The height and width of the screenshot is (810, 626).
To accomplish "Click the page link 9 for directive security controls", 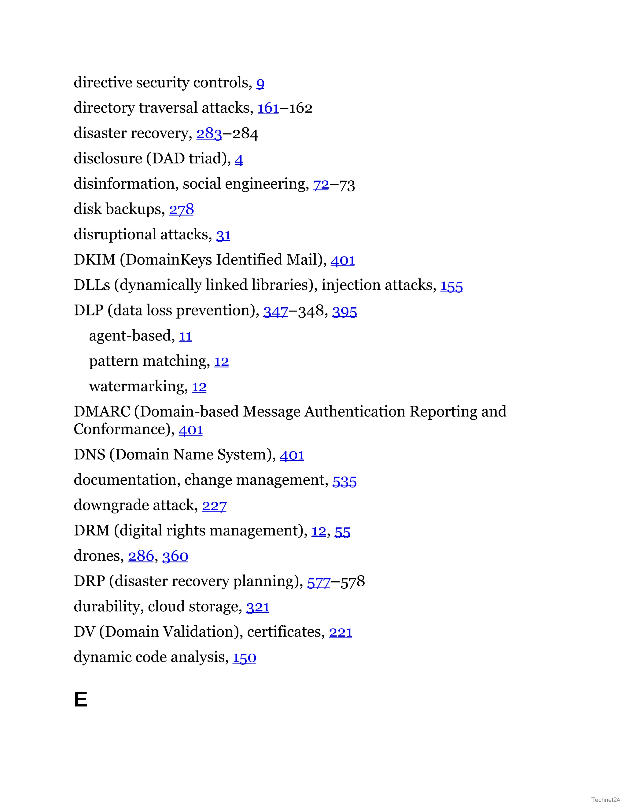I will (260, 83).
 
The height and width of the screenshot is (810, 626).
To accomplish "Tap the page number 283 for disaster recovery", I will (209, 134).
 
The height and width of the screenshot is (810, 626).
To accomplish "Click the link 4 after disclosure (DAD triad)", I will (239, 160).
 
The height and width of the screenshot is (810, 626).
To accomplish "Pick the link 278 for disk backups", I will (181, 210).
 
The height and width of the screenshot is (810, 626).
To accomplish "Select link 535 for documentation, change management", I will (344, 481).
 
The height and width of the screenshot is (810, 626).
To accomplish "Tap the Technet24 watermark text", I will (605, 800).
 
